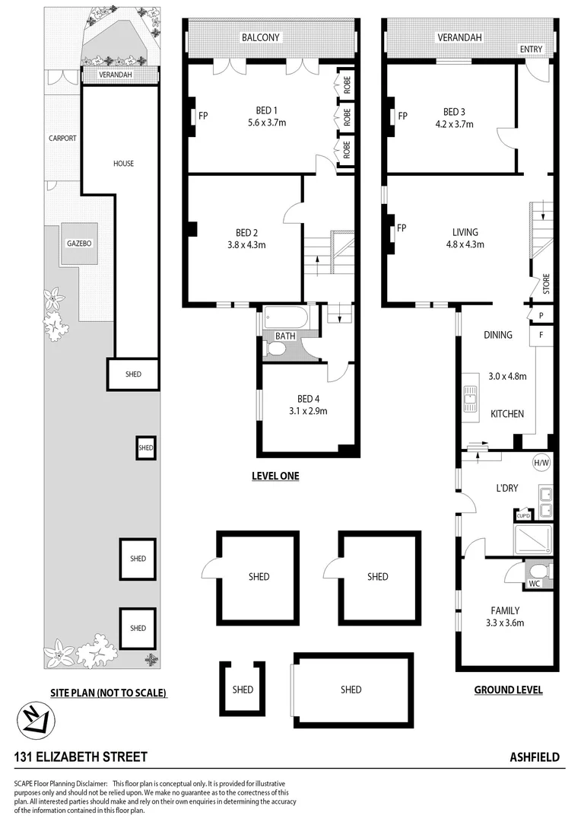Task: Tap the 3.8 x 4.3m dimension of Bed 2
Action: click(x=246, y=245)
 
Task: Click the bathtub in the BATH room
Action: click(x=285, y=318)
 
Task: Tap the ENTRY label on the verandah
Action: click(x=532, y=49)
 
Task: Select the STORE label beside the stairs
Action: click(x=545, y=285)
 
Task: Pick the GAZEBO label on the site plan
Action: click(x=79, y=244)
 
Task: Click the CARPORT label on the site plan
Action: click(x=62, y=139)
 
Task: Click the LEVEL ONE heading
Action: click(x=275, y=476)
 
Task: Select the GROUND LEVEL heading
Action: click(x=508, y=690)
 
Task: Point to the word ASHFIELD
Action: click(x=534, y=757)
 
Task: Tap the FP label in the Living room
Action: click(x=401, y=228)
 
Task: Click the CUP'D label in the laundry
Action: click(x=523, y=515)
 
